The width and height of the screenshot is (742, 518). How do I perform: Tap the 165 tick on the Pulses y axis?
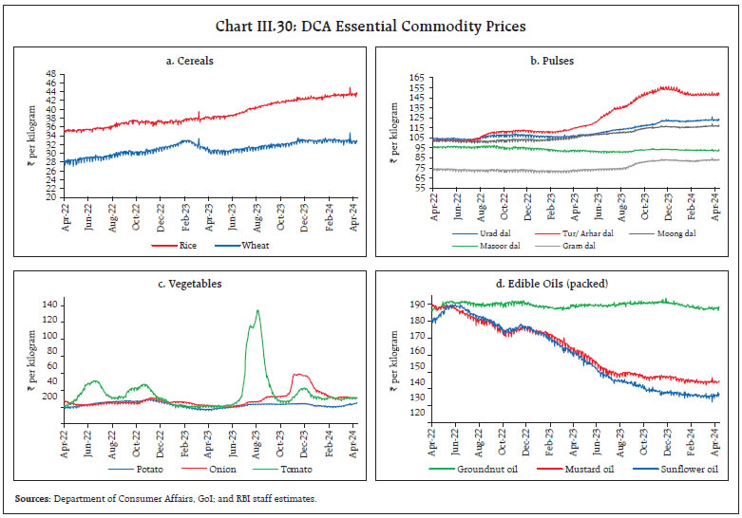click(413, 75)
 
